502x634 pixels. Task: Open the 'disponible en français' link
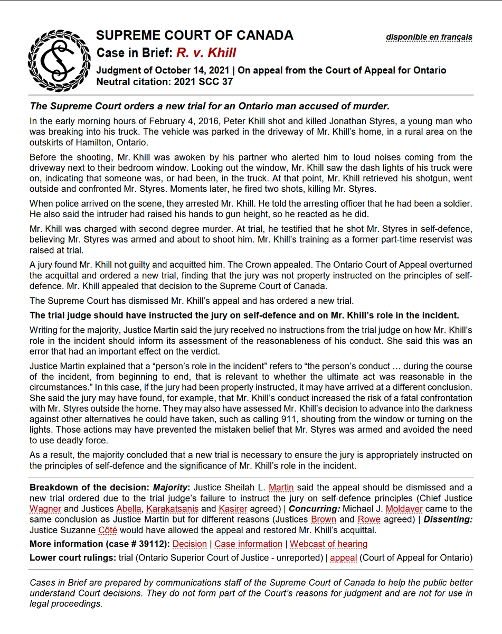(429, 37)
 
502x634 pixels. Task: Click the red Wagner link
(46, 509)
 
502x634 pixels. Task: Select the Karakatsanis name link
(173, 509)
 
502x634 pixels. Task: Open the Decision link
(190, 544)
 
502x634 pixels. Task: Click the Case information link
(248, 544)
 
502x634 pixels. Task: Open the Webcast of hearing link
(328, 544)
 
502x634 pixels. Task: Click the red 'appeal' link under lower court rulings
(344, 558)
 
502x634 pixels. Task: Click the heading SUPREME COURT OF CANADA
(194, 35)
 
